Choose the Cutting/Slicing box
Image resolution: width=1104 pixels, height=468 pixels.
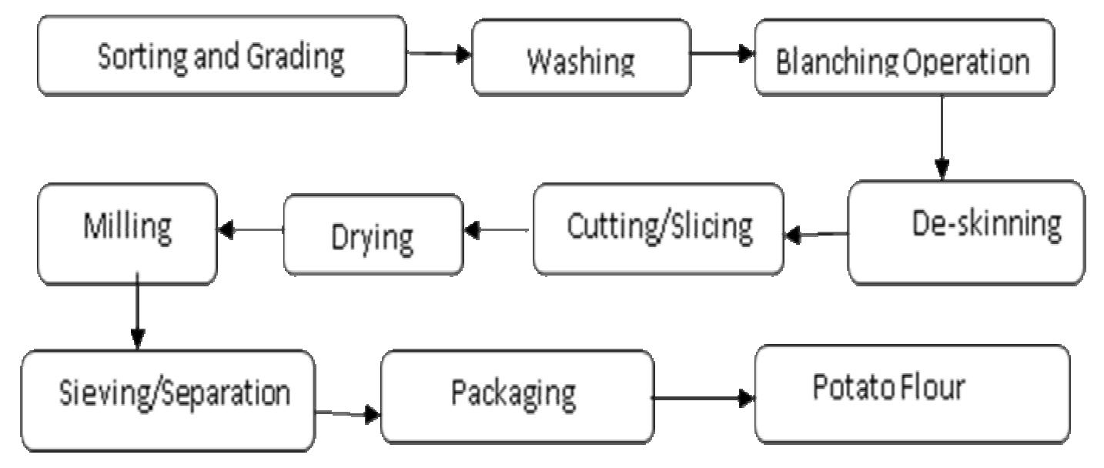[658, 229]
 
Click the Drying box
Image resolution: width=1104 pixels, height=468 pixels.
[373, 234]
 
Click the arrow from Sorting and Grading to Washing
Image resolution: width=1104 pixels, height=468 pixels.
[439, 55]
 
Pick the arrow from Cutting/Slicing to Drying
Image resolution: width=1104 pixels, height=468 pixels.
[497, 229]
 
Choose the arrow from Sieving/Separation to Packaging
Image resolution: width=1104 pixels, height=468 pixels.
[347, 415]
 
